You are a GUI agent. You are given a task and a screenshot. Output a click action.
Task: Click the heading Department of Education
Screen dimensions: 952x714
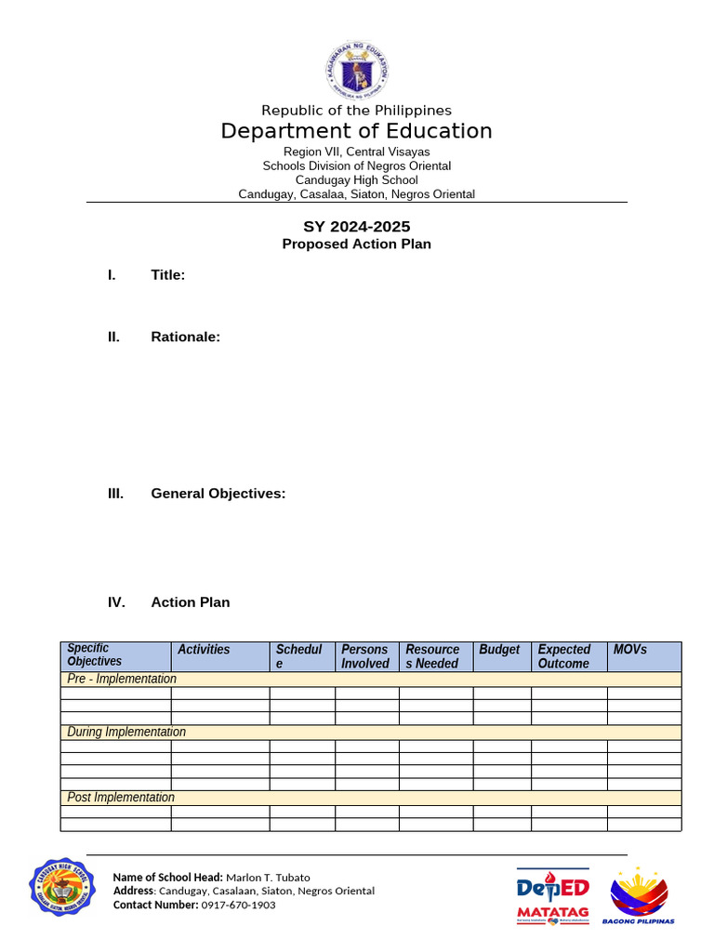(356, 131)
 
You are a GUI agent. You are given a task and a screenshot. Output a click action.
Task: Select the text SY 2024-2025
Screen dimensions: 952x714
(356, 226)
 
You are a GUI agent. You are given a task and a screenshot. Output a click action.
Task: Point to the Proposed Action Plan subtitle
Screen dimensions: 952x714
(356, 244)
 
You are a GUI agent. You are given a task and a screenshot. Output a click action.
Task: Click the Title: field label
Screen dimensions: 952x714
(168, 275)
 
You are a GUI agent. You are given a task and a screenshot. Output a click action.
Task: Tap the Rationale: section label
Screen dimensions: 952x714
(186, 337)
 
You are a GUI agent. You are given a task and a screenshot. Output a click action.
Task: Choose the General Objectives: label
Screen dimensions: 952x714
(218, 494)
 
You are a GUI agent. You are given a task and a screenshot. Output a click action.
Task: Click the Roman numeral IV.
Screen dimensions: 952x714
(116, 602)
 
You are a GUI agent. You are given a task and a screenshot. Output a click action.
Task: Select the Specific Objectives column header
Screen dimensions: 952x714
(95, 655)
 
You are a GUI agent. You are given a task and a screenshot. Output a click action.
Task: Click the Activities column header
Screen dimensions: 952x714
(204, 650)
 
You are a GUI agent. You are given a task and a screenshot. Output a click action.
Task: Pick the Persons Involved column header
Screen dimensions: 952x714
(365, 656)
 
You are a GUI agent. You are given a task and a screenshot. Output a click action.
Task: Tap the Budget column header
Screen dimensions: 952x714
(499, 650)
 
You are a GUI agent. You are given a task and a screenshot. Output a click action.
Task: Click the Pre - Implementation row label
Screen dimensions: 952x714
(122, 679)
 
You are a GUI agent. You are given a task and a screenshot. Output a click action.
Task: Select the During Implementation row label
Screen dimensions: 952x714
(126, 732)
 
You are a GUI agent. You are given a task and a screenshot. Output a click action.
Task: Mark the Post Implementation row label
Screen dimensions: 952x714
(121, 798)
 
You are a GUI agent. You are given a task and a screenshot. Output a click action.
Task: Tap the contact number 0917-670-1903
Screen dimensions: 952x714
(238, 905)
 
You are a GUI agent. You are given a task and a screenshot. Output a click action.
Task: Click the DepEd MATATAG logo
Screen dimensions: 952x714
(552, 896)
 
